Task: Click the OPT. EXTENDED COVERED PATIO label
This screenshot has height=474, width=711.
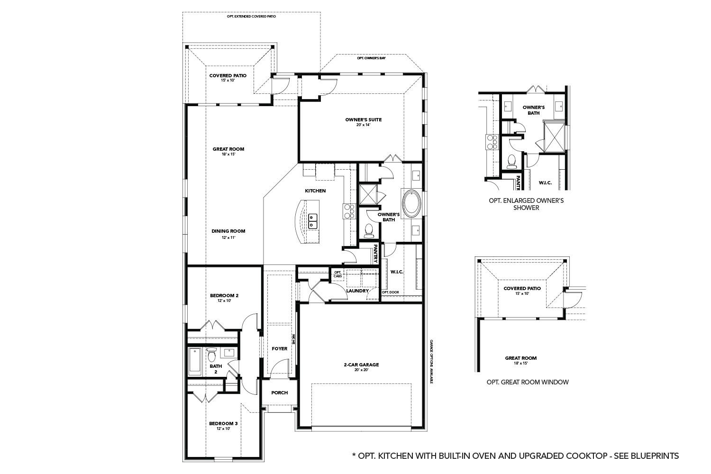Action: pos(251,16)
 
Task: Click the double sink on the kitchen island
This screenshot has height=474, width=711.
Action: pos(312,221)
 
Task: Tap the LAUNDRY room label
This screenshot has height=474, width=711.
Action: pos(357,291)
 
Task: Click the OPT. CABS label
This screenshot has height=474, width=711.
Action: pos(337,274)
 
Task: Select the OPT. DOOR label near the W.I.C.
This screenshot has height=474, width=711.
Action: pos(390,292)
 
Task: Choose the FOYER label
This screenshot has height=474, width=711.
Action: pos(280,349)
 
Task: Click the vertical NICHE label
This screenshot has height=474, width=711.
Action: pos(294,339)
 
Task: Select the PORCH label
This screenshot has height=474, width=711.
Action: pos(279,392)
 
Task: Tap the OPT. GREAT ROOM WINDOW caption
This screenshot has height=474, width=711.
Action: pos(527,382)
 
